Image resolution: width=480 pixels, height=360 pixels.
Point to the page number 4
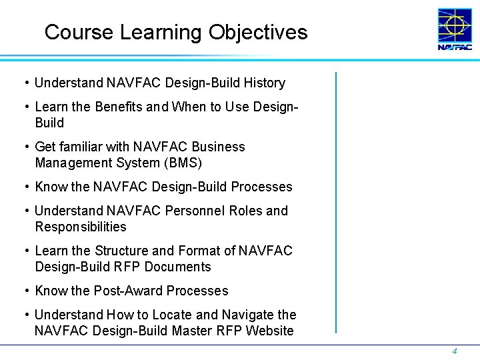pyautogui.click(x=455, y=351)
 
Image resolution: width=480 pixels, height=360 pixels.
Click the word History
pyautogui.click(x=264, y=83)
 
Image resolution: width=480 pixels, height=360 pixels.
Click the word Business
pyautogui.click(x=218, y=147)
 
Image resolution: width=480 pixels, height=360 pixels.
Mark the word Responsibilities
pyautogui.click(x=81, y=227)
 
